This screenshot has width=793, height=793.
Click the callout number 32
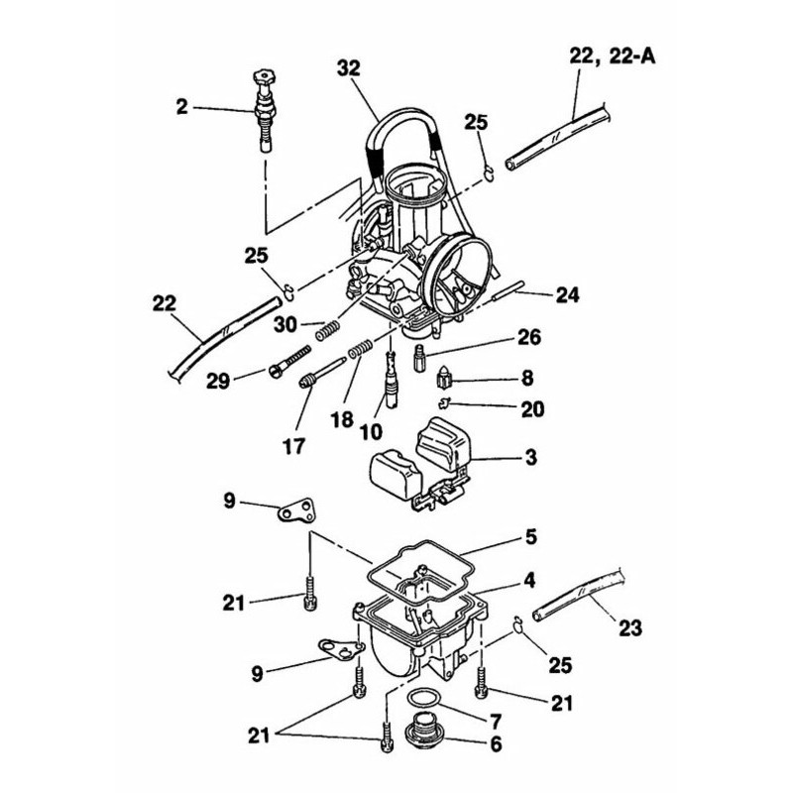click(x=348, y=68)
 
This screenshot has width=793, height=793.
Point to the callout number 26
click(x=528, y=339)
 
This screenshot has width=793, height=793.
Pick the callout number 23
click(x=629, y=627)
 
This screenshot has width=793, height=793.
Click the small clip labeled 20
click(x=448, y=401)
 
